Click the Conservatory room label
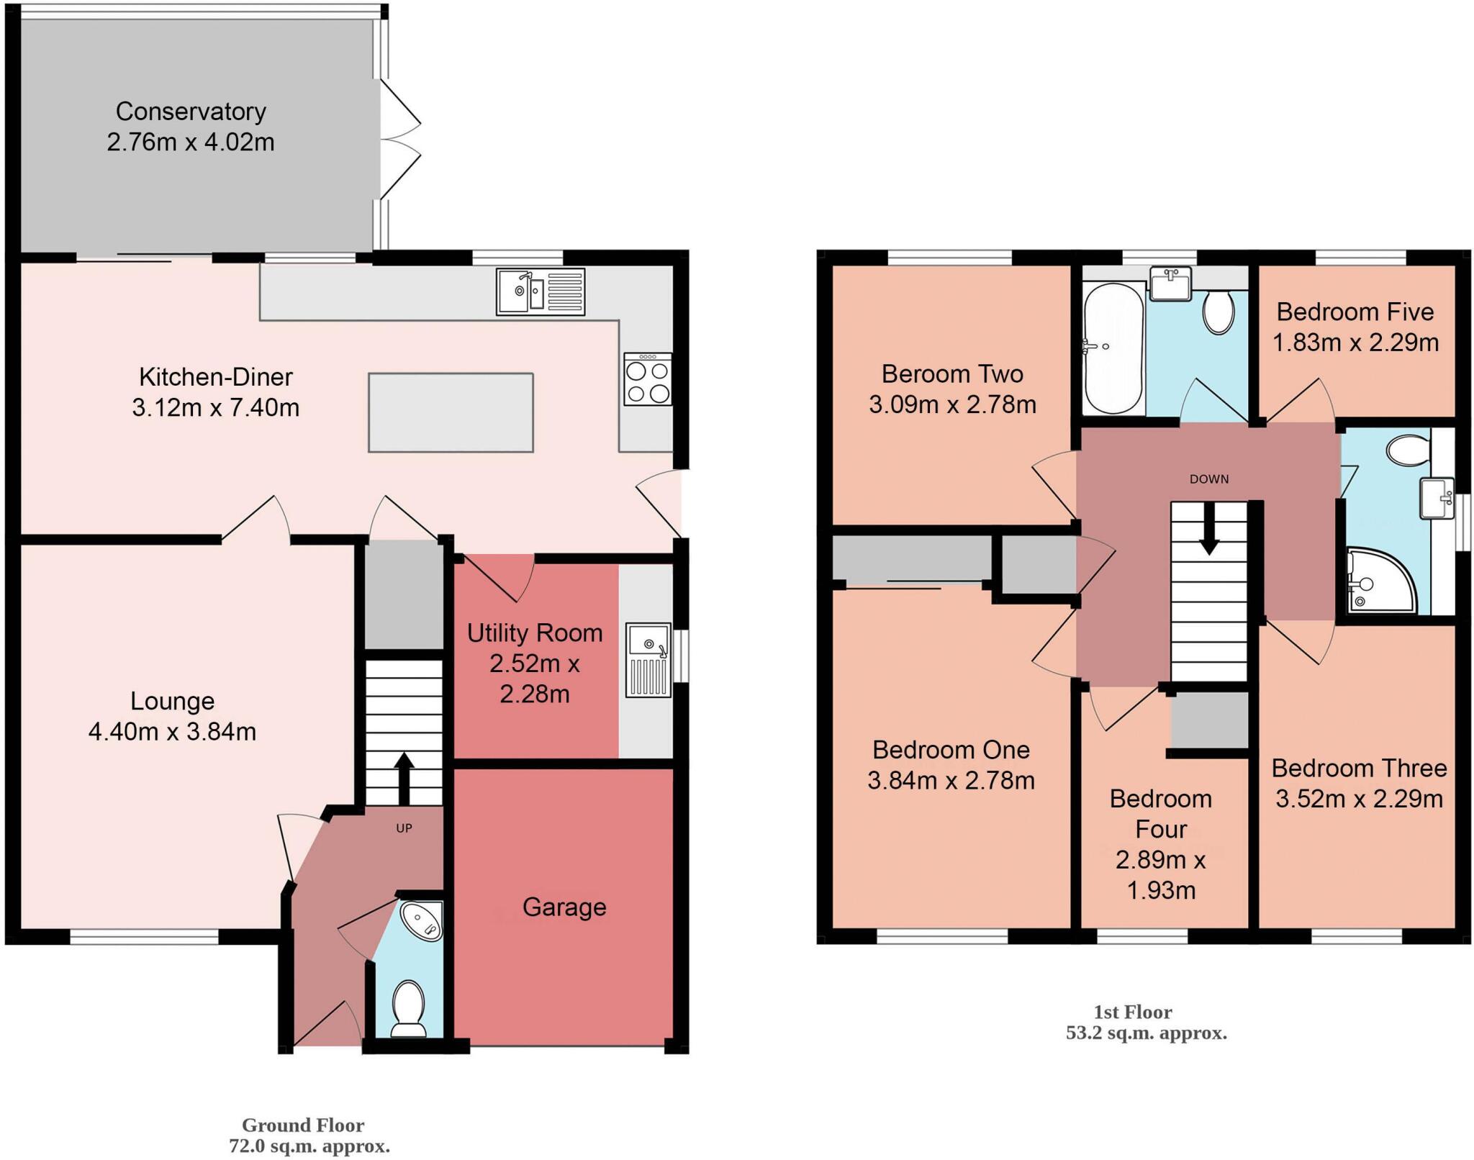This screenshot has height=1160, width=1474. (191, 112)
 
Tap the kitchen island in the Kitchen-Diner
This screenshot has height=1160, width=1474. (451, 412)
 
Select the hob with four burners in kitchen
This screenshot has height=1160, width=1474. (648, 380)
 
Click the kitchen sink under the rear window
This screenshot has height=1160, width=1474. (540, 291)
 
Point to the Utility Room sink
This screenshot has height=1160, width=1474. (648, 660)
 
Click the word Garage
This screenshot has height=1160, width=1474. (564, 907)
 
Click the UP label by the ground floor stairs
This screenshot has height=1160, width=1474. (404, 828)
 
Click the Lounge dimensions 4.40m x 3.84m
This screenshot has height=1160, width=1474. (172, 732)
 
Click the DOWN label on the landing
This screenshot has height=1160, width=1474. (1209, 479)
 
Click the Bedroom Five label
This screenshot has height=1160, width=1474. (1355, 312)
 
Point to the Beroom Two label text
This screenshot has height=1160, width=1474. (952, 374)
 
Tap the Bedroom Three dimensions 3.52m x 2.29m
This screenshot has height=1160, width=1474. (1359, 799)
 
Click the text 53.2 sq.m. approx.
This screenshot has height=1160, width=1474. (1146, 1033)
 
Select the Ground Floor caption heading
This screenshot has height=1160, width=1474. (303, 1125)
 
